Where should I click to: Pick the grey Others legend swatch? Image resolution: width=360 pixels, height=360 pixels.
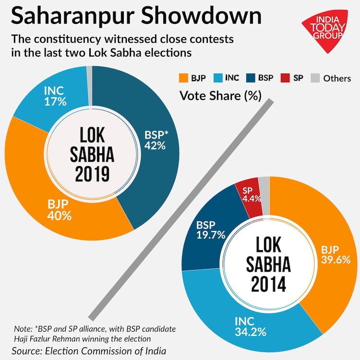(315, 78)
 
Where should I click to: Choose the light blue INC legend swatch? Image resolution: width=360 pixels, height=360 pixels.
(215, 78)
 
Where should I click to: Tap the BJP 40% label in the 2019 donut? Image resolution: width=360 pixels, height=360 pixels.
(60, 210)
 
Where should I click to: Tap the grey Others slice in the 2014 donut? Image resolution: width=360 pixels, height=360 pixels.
(264, 182)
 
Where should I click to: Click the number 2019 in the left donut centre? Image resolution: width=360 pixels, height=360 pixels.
(92, 173)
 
